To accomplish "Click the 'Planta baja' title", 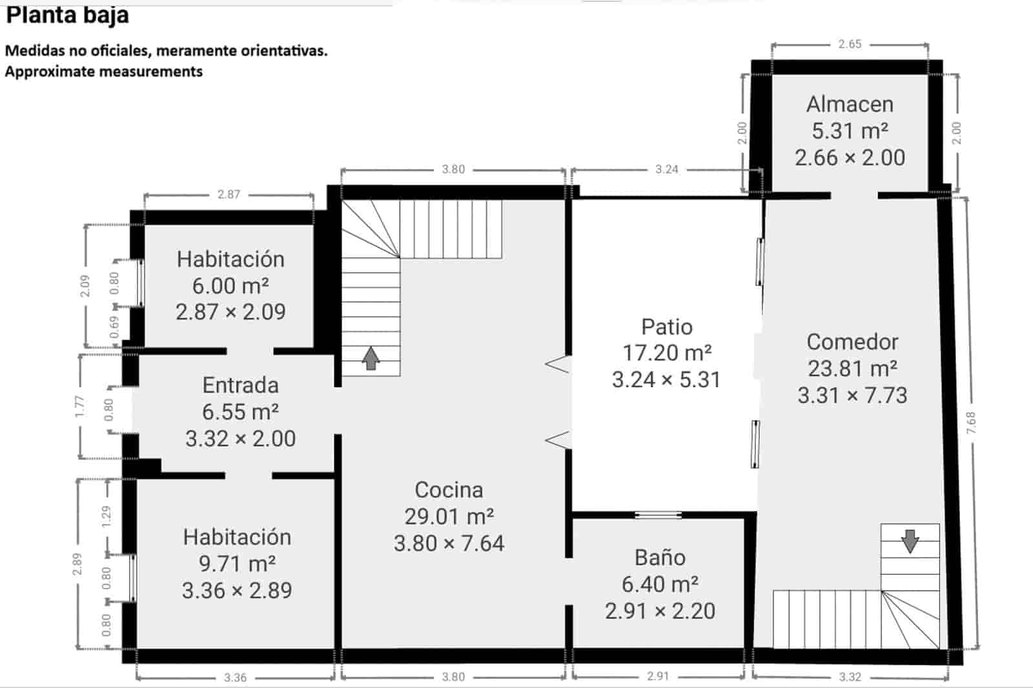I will [x=67, y=14].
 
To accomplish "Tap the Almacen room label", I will [x=850, y=104].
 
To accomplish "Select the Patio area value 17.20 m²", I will [x=666, y=353].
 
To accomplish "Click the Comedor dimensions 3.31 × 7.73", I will [x=852, y=395].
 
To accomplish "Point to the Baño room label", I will [x=660, y=558].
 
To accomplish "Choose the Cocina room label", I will [x=449, y=490].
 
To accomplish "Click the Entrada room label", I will [x=240, y=385].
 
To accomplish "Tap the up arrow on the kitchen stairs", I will [x=371, y=358].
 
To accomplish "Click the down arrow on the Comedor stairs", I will [x=910, y=541].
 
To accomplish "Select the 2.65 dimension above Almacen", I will [x=850, y=44].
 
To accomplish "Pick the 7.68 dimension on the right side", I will [x=972, y=423].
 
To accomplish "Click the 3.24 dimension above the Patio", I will [x=666, y=169].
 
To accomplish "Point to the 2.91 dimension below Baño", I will [x=658, y=676].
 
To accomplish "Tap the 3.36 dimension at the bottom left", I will [x=235, y=678].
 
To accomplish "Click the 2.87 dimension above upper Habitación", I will [x=229, y=194].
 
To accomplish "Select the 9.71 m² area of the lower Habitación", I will [x=237, y=563].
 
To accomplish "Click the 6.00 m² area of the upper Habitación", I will [x=230, y=285].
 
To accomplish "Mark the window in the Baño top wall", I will [x=657, y=514].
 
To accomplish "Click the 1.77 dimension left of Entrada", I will [x=79, y=406].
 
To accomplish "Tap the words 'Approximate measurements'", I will [x=104, y=72].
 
